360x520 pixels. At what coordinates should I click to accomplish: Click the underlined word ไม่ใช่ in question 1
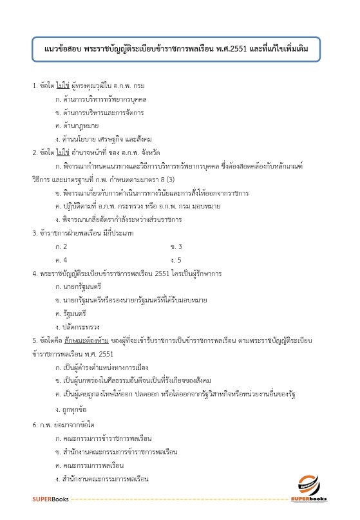pos(62,85)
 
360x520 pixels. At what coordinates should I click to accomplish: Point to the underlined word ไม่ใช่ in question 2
pos(62,153)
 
